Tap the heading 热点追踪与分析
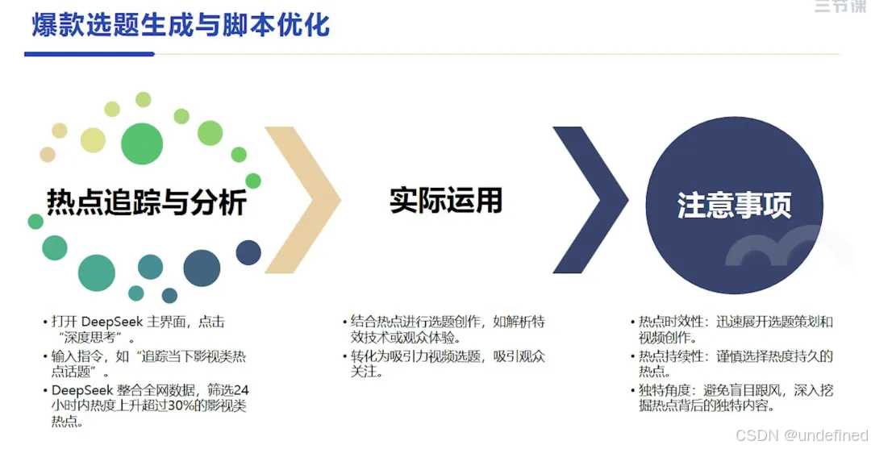[x=146, y=202]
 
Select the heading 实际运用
[x=445, y=201]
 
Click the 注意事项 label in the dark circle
[x=734, y=206]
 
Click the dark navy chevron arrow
[x=591, y=199]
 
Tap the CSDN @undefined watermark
[x=802, y=434]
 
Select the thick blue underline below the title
[x=90, y=54]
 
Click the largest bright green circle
[x=142, y=143]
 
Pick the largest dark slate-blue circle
[x=202, y=268]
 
